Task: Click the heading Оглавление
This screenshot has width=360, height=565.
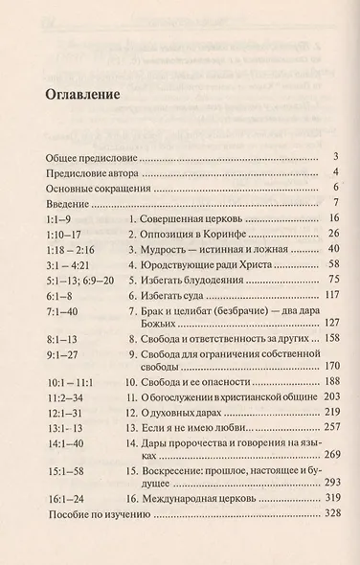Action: [82, 96]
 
